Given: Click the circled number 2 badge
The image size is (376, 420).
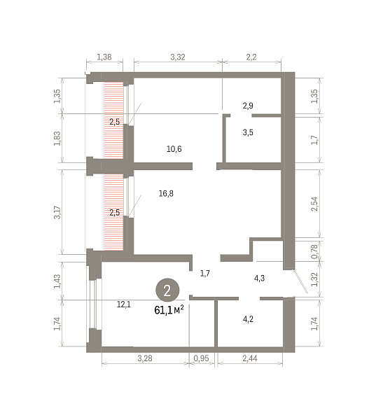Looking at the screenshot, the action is pyautogui.click(x=167, y=290).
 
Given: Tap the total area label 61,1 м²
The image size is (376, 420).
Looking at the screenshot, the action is pyautogui.click(x=169, y=310).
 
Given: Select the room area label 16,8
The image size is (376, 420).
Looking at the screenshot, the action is pyautogui.click(x=166, y=193).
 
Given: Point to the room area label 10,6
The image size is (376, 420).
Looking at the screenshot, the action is pyautogui.click(x=174, y=149).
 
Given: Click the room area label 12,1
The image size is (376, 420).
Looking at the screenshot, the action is pyautogui.click(x=124, y=304).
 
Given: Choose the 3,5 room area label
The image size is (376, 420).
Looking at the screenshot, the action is pyautogui.click(x=248, y=132).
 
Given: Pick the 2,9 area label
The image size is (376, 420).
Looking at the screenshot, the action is pyautogui.click(x=248, y=106).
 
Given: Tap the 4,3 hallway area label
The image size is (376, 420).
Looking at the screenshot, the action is pyautogui.click(x=260, y=279).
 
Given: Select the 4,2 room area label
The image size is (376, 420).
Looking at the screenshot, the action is pyautogui.click(x=248, y=319).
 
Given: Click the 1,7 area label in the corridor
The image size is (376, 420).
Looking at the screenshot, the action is pyautogui.click(x=205, y=274).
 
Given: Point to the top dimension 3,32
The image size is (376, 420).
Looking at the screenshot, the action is pyautogui.click(x=178, y=57).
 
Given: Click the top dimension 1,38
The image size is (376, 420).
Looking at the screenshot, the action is pyautogui.click(x=104, y=57).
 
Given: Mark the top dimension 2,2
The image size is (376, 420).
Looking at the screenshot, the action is pyautogui.click(x=251, y=57).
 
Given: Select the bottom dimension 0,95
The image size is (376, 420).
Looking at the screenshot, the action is pyautogui.click(x=201, y=358).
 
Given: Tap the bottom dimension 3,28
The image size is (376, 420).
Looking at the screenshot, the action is pyautogui.click(x=145, y=358).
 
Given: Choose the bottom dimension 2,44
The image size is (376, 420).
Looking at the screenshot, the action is pyautogui.click(x=250, y=358).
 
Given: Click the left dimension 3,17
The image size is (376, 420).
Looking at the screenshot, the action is pyautogui.click(x=57, y=212).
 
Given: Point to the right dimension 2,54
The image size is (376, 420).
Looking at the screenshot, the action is pyautogui.click(x=314, y=204).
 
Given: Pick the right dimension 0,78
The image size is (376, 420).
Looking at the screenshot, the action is pyautogui.click(x=314, y=251).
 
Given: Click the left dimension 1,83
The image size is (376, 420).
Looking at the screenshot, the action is pyautogui.click(x=57, y=139).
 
